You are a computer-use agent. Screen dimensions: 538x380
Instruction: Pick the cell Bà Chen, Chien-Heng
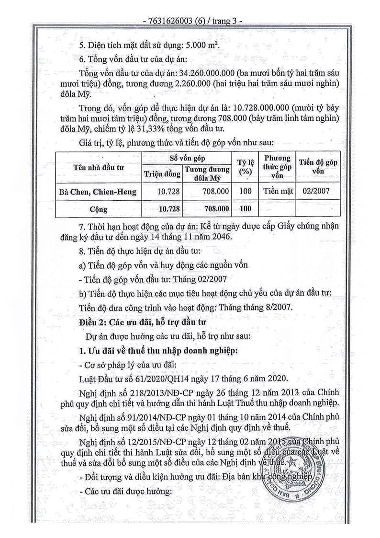click(x=98, y=192)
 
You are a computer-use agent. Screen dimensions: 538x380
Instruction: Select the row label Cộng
click(x=99, y=209)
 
